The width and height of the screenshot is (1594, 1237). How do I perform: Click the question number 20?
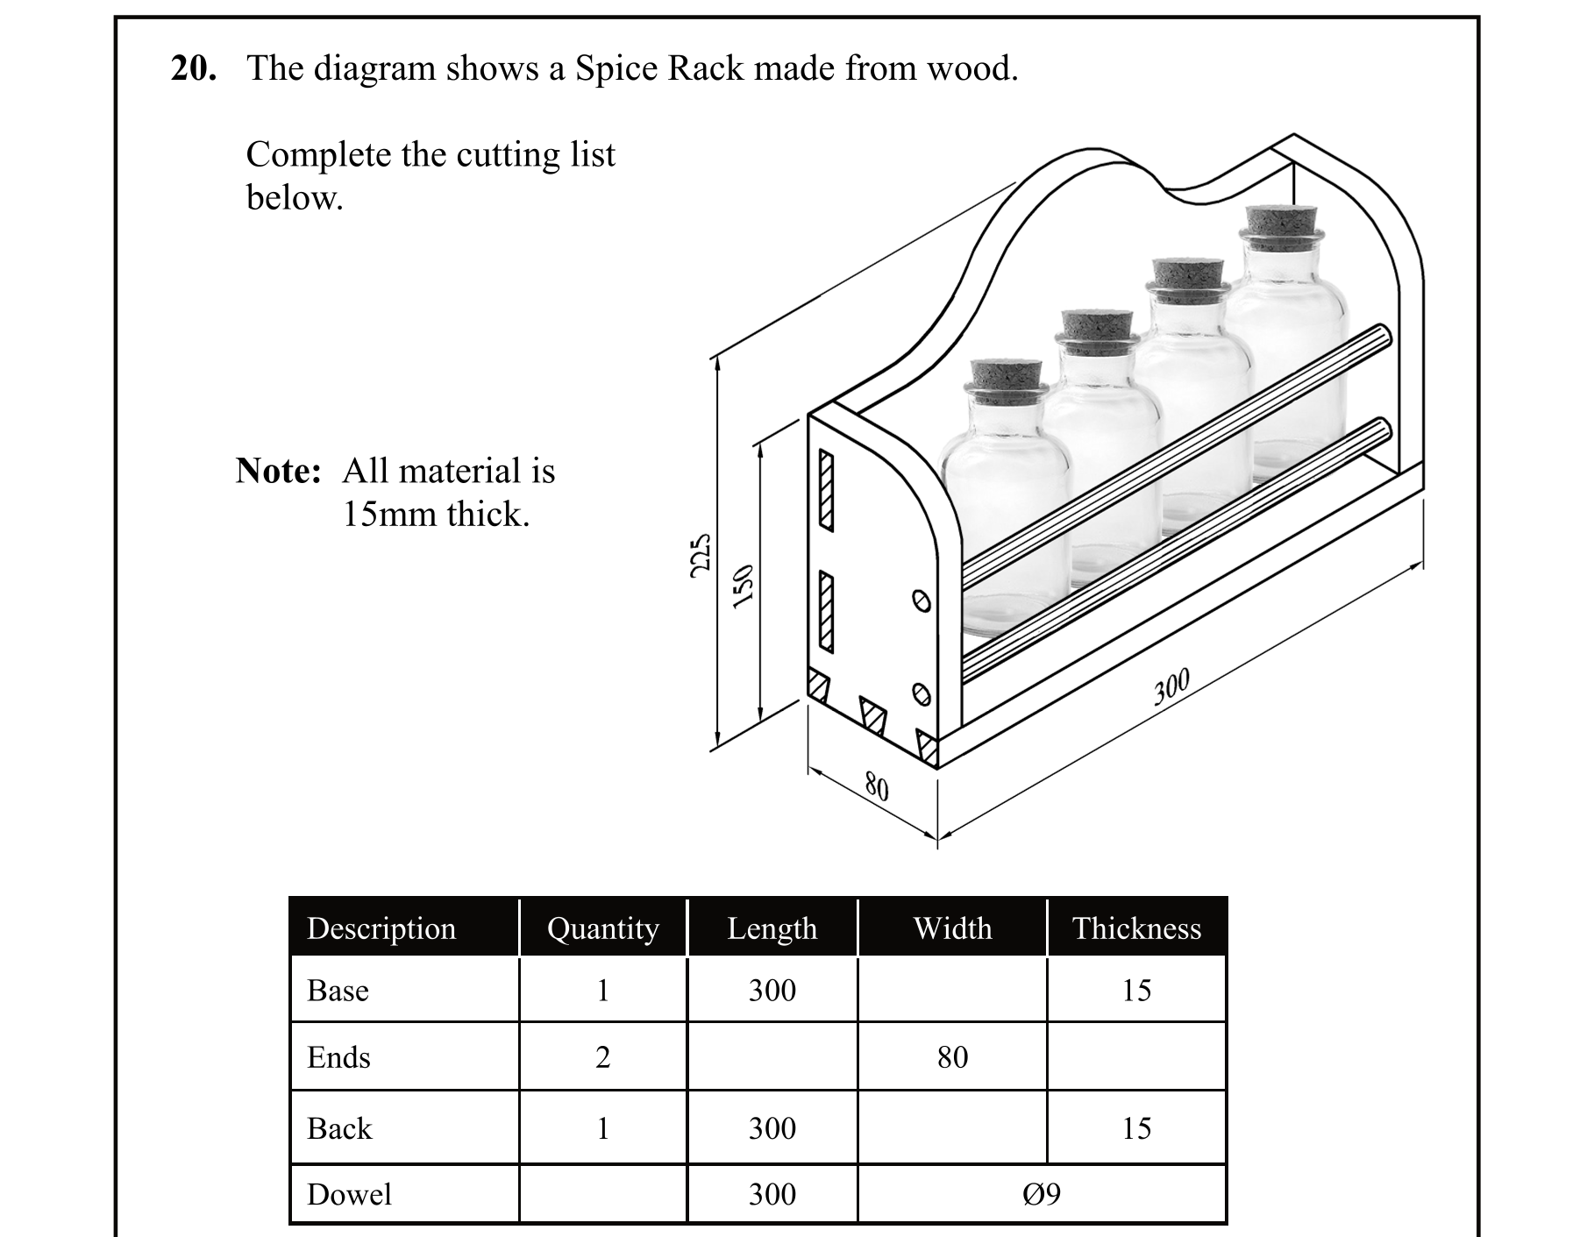(193, 68)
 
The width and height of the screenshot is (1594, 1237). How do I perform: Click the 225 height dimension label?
(700, 554)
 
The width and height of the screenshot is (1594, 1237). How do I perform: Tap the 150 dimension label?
(743, 585)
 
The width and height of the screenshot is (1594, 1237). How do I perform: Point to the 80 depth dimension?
(876, 786)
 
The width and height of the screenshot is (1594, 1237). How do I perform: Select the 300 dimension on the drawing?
(1171, 686)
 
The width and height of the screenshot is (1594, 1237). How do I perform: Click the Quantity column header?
(602, 928)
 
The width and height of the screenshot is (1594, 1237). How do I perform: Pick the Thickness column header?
(1136, 928)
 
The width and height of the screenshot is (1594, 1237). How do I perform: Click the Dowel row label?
(349, 1194)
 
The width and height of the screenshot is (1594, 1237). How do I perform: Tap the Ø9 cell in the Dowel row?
(1041, 1194)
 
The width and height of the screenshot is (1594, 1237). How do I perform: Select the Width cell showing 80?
(952, 1057)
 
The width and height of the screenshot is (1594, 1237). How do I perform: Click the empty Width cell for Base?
(952, 990)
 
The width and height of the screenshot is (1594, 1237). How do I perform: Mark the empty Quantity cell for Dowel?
(602, 1194)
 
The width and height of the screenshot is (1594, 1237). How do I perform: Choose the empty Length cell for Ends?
(772, 1057)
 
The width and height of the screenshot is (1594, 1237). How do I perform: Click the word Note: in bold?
(279, 472)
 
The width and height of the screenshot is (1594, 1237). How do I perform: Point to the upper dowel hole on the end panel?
(921, 601)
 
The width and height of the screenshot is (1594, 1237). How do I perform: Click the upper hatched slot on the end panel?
(825, 491)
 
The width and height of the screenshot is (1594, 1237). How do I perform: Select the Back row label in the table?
(339, 1128)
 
